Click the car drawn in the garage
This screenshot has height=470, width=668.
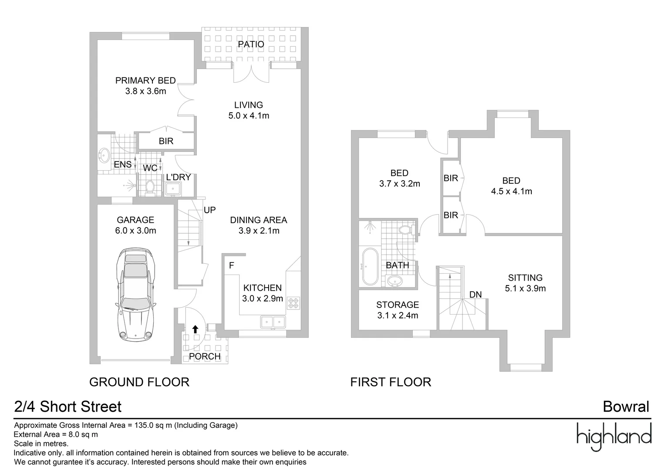[x=135, y=295]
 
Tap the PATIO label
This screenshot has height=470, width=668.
[x=251, y=44]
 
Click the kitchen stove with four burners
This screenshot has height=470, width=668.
[x=293, y=302]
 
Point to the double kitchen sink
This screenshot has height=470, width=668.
[x=273, y=322]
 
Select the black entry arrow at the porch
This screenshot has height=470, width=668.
[x=196, y=329]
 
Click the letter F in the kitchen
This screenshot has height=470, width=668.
[x=232, y=265]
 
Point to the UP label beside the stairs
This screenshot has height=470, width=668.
[x=209, y=210]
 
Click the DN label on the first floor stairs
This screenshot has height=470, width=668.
[x=476, y=295]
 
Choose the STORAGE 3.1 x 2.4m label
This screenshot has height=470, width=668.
[x=398, y=310]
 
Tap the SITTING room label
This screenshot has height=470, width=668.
[x=525, y=283]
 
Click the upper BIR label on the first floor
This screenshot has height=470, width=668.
[x=451, y=178]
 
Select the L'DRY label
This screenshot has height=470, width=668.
[x=179, y=178]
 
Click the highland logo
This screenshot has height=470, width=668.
[x=614, y=436]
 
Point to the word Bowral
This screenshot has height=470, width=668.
[x=626, y=407]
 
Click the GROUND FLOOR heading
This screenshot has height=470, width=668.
[x=139, y=382]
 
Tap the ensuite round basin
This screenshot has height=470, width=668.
[x=105, y=154]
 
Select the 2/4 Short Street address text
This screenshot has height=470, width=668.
[x=68, y=407]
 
